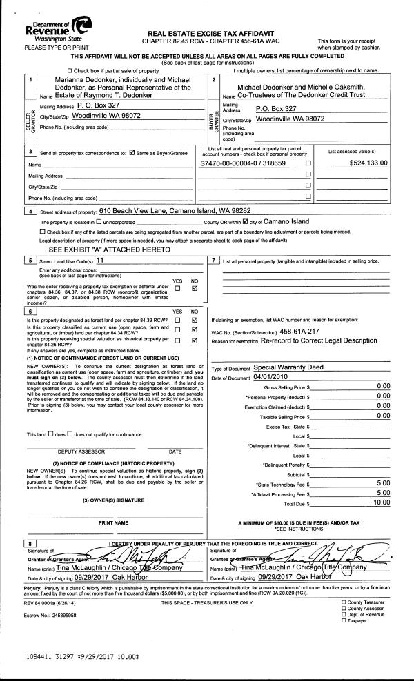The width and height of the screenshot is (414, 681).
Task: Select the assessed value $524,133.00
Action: pyautogui.click(x=369, y=163)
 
